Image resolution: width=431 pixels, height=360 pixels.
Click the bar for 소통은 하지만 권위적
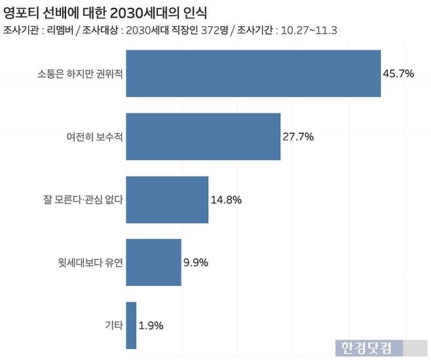[x=253, y=73]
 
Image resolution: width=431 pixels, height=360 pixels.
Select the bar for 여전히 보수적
[x=202, y=136]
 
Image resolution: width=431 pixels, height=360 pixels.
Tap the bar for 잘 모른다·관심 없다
[x=166, y=199]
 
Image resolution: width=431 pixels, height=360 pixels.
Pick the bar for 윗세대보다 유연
[x=153, y=262]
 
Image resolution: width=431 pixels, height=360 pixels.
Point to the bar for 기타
[x=131, y=325]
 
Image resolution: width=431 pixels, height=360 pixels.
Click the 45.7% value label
[x=398, y=73]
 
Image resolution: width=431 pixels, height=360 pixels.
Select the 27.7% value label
[x=298, y=137]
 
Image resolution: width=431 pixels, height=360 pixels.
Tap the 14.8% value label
[x=226, y=200]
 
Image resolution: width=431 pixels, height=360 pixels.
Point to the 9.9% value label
[x=196, y=263]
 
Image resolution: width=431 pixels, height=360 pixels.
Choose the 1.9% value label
[x=151, y=325]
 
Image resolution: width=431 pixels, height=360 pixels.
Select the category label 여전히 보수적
[x=94, y=137]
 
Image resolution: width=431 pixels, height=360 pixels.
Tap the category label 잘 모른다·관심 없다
[x=83, y=200]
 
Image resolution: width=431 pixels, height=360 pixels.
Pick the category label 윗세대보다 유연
[x=90, y=263]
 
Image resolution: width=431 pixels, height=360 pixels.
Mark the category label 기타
[x=113, y=325]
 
